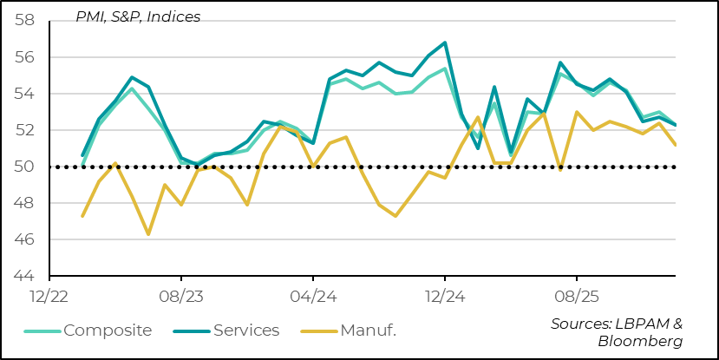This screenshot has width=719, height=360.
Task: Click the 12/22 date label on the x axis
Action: click(49, 295)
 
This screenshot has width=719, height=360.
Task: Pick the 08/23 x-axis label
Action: click(180, 295)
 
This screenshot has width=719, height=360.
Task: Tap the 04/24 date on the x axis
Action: click(313, 295)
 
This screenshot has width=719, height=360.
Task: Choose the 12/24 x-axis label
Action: click(445, 295)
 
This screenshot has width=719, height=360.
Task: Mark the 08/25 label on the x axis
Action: click(577, 295)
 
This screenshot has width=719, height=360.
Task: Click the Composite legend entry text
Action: click(108, 330)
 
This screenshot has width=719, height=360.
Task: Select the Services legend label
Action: click(246, 330)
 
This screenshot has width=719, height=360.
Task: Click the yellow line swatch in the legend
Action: click(321, 331)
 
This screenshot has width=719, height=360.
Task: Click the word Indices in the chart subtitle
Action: click(173, 16)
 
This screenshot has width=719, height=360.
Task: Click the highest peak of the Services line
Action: click(445, 43)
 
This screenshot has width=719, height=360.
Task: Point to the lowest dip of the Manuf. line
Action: click(148, 234)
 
